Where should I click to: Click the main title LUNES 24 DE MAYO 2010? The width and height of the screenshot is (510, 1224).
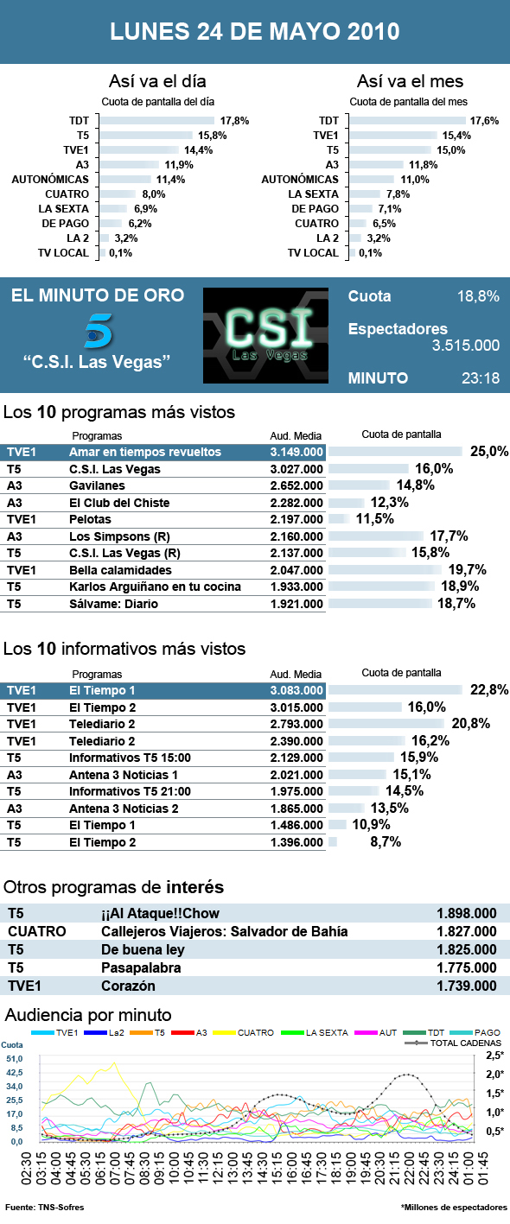pos(255,32)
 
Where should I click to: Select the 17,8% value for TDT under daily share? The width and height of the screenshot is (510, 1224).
pos(234,121)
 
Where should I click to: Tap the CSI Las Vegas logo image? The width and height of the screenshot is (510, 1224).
pos(265,335)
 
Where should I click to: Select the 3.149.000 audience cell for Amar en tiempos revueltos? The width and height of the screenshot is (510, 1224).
pos(296,452)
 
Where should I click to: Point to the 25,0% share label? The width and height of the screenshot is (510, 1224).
pos(488,452)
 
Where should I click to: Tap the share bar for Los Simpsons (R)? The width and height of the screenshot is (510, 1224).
pos(375,536)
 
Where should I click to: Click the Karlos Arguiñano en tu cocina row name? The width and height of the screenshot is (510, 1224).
pos(155,587)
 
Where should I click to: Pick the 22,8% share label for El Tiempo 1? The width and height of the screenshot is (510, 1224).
pos(488,690)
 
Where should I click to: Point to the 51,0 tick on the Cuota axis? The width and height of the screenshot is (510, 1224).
pos(15,1059)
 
